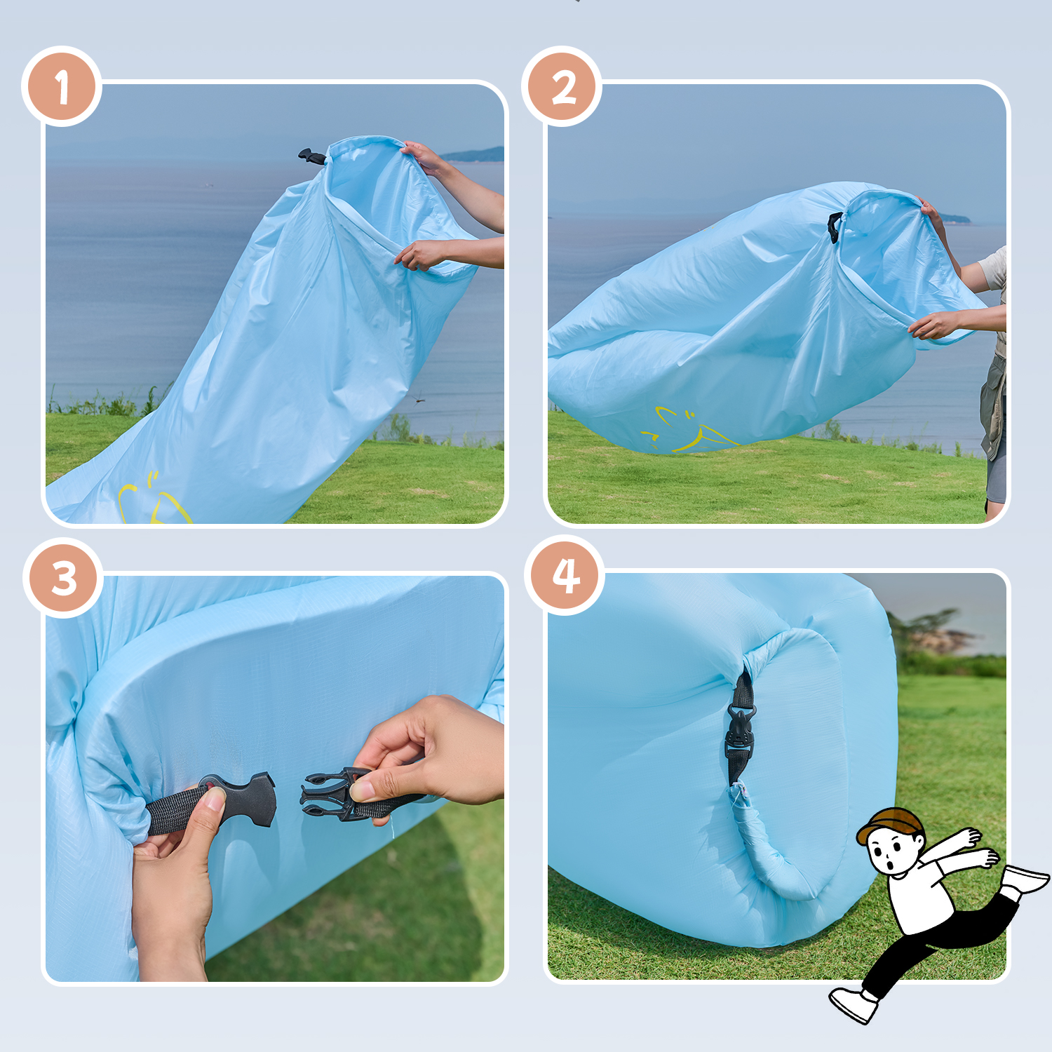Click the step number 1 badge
[x=62, y=86]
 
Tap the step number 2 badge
[x=562, y=86]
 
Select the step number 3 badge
[x=63, y=578]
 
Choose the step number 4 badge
[x=565, y=576]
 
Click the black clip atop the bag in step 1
[x=312, y=156]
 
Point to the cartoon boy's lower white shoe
[x=854, y=1004]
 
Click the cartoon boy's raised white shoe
[x=1025, y=879]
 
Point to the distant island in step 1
[x=473, y=155]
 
